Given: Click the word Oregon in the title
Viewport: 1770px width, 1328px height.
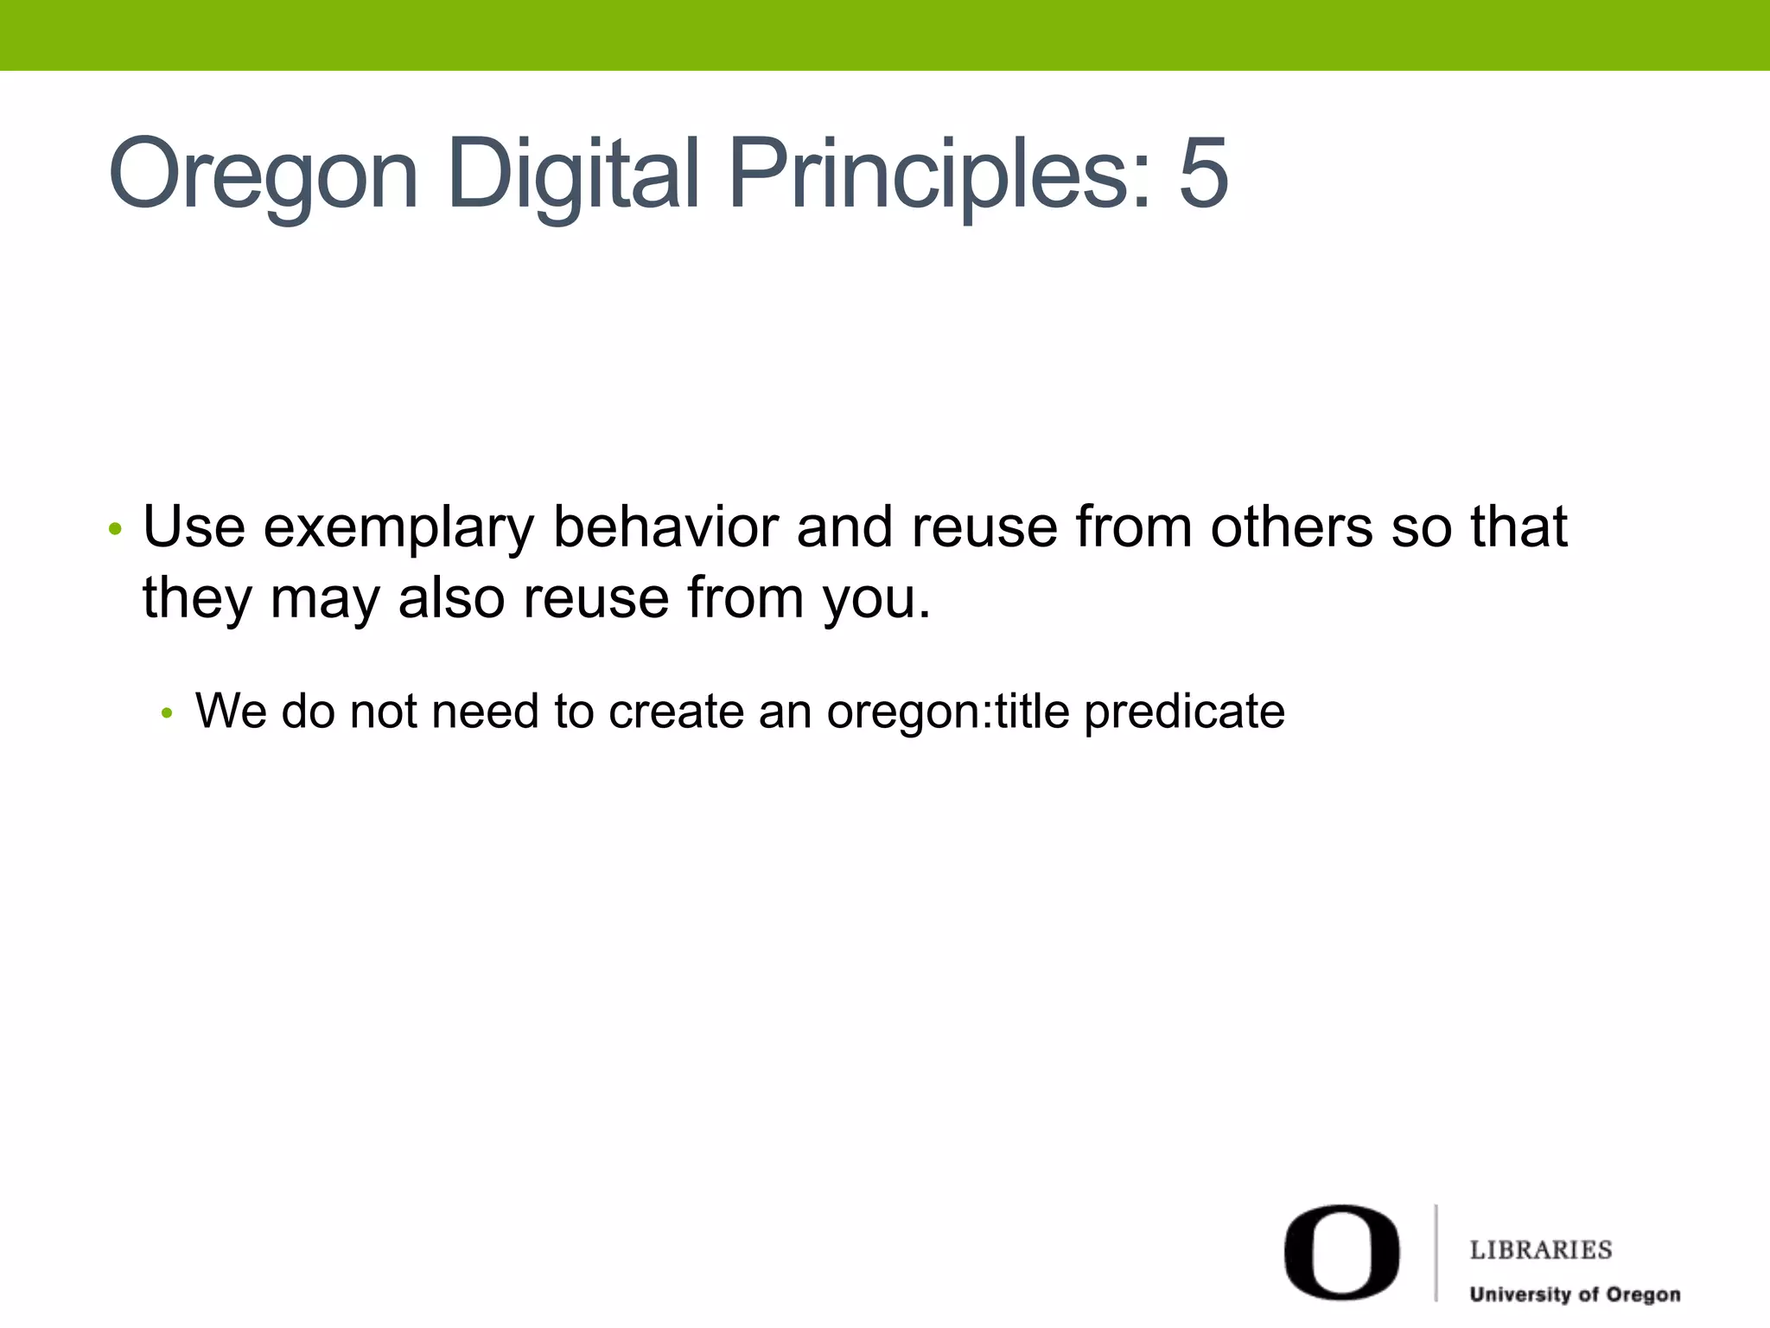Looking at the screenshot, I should click(x=264, y=176).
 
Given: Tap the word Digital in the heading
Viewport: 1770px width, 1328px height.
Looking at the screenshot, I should click(x=573, y=176).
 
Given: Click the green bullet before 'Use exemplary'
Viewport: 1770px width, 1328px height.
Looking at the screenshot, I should click(x=115, y=528).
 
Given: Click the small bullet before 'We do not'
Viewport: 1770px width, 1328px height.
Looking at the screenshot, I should click(x=168, y=713).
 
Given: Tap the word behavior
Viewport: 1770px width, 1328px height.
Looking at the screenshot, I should click(x=665, y=527).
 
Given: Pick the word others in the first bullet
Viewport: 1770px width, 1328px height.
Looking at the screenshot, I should click(x=1291, y=527).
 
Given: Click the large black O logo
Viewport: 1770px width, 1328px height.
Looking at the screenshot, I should click(x=1341, y=1251).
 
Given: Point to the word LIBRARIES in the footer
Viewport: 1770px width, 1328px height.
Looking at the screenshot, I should click(x=1541, y=1250).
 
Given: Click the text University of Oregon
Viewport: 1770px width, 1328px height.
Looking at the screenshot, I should click(x=1575, y=1294).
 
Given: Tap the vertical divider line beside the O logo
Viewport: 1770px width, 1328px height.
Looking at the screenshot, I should click(x=1436, y=1252).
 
